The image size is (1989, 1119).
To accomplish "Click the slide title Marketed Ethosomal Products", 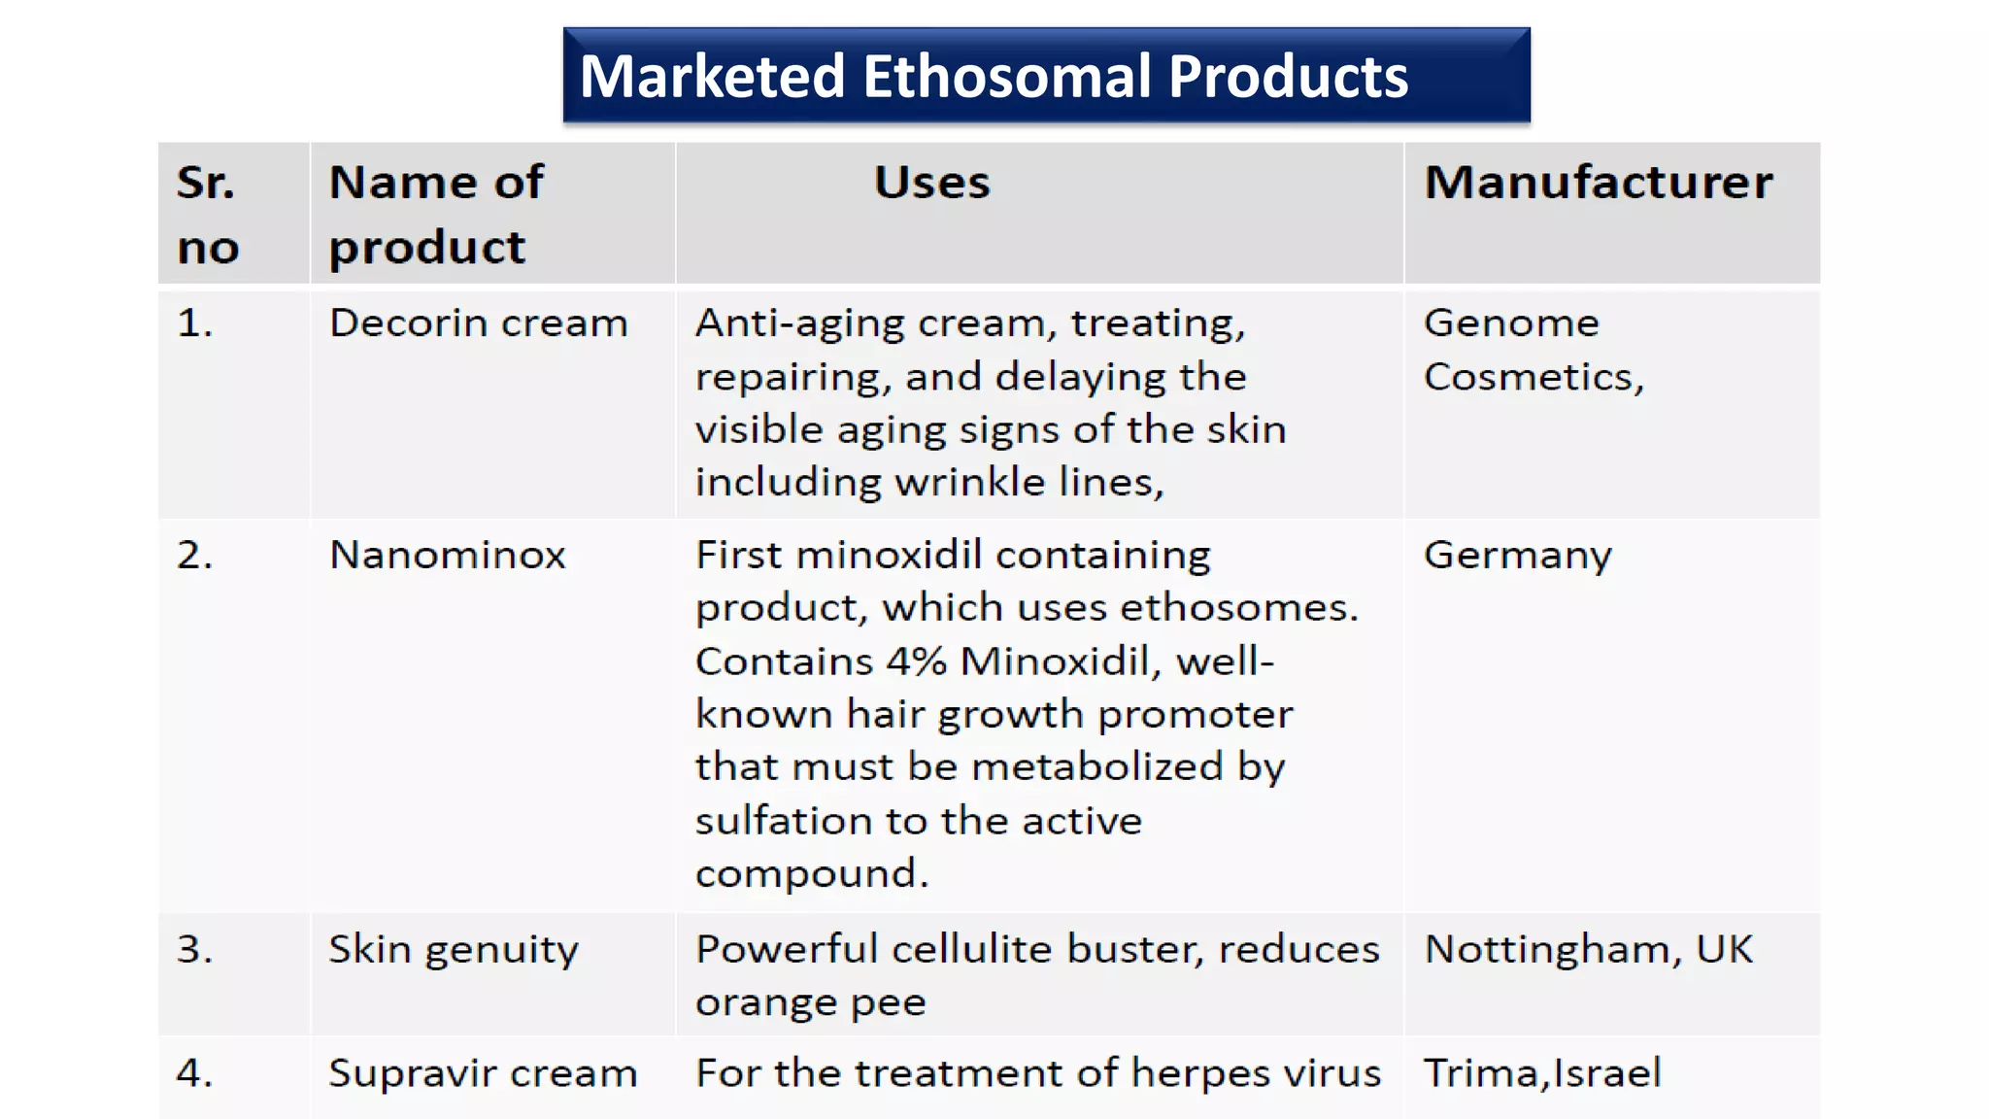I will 994,77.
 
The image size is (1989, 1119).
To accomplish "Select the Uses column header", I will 931,182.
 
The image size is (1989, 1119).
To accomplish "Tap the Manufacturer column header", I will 1598,182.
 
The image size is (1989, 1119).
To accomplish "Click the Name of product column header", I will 436,214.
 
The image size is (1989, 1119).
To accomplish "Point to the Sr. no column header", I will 207,214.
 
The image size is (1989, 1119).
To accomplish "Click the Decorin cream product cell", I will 478,323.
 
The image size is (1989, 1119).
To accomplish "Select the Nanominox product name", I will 447,556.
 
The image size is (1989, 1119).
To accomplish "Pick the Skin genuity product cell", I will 453,950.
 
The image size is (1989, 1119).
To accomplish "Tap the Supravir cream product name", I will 483,1073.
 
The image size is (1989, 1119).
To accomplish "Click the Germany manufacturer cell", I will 1517,556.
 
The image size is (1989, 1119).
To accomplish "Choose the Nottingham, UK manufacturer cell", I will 1588,949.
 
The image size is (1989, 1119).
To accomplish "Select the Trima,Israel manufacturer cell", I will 1542,1073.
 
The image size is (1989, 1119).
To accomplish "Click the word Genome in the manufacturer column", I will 1511,322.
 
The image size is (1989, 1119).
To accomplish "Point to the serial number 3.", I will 194,949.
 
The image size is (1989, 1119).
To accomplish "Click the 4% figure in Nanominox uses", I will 917,661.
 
